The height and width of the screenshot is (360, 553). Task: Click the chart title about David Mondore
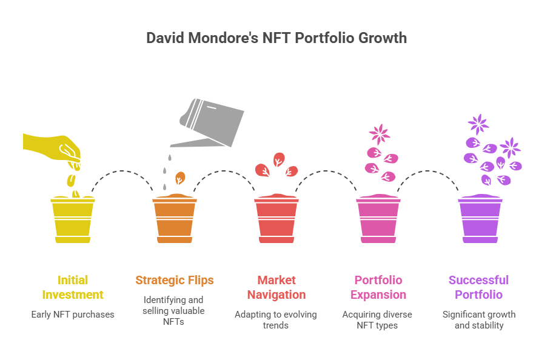coord(276,38)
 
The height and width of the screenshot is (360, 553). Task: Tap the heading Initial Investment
coord(73,287)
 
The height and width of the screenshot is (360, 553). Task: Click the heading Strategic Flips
coord(175,280)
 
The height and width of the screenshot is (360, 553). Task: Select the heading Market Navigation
coord(276,287)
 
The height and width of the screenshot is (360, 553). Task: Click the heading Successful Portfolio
coord(478,287)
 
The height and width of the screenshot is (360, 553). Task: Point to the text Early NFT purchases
coord(73,315)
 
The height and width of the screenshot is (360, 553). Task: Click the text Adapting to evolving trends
coord(276,320)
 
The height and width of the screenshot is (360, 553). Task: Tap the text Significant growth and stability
coord(479,320)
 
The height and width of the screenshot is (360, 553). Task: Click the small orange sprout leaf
coord(180,178)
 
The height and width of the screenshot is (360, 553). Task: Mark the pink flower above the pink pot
coord(380,134)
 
